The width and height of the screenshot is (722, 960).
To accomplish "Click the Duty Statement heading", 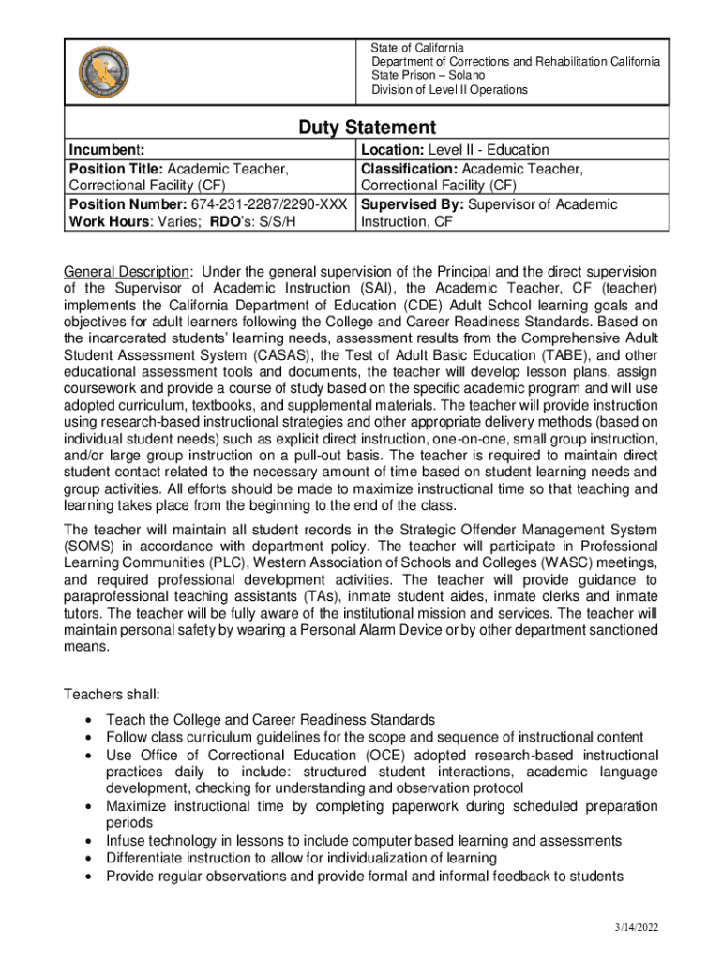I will coord(367,127).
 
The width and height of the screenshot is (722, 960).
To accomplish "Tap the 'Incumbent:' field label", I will coord(106,150).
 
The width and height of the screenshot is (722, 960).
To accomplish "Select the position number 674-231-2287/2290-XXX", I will coord(270,204).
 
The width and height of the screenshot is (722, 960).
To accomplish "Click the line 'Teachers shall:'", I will coord(112,695).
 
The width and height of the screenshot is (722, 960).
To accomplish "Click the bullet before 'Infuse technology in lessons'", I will coord(87,841).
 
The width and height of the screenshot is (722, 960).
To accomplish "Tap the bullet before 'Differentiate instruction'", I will coord(87,858).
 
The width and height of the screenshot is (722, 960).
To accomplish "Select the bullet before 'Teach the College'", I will coord(87,720).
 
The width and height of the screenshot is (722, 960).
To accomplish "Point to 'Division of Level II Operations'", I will coord(449,90).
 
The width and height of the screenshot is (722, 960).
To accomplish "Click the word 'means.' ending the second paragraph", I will coord(83,647).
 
